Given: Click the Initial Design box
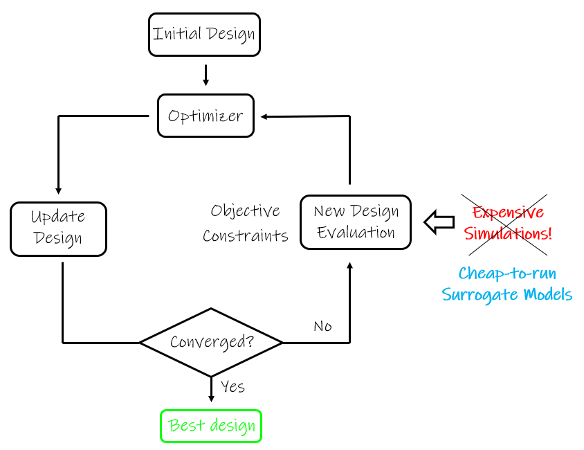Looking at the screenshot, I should [204, 34].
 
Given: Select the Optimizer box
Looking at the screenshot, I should [206, 116].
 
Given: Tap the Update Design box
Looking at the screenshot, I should [58, 228].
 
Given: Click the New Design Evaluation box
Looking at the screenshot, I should [356, 222].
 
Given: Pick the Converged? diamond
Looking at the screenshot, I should [211, 342].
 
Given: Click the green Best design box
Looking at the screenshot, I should [212, 426].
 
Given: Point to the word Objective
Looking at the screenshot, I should [246, 210].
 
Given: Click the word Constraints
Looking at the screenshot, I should [246, 235].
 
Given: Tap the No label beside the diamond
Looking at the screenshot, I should [322, 326].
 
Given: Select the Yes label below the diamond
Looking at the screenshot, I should [232, 386].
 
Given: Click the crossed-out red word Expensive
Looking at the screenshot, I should [507, 212].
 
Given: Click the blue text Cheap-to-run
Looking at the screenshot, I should [507, 273].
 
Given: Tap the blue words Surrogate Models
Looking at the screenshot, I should [507, 295].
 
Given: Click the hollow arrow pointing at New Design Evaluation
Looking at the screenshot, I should [437, 222].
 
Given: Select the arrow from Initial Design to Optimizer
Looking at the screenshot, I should [206, 75].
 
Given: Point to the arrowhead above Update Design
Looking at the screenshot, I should [58, 190].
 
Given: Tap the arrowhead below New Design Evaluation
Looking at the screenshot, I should [349, 267].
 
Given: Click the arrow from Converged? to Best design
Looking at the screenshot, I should [211, 390].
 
